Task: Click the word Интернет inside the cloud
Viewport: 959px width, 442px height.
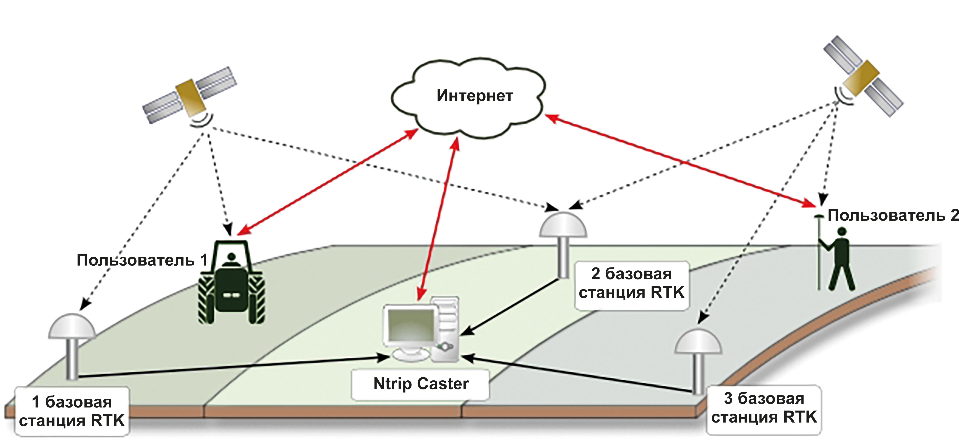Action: [x=475, y=96]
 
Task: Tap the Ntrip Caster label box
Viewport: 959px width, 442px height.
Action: [x=421, y=384]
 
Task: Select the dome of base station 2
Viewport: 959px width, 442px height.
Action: [x=563, y=225]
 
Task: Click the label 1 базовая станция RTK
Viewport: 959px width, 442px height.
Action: [x=72, y=411]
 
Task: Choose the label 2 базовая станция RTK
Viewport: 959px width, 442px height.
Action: [x=632, y=283]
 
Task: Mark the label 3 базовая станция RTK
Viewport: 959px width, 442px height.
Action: [x=764, y=408]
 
